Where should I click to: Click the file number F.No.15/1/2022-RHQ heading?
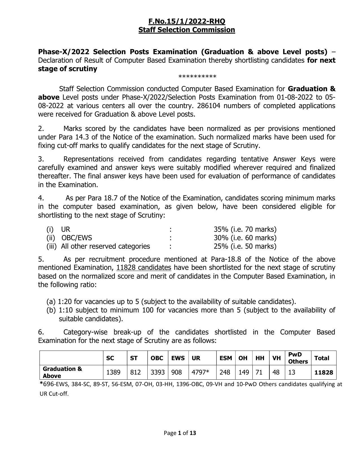(x=187, y=21)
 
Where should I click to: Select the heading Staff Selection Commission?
(x=187, y=30)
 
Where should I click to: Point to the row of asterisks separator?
(x=197, y=77)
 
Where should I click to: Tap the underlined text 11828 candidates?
(x=144, y=268)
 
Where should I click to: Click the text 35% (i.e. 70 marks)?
(x=245, y=229)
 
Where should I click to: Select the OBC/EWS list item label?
(x=77, y=238)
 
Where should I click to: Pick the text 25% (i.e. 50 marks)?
(x=245, y=246)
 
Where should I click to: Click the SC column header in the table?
(x=110, y=358)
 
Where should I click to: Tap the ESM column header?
(x=226, y=358)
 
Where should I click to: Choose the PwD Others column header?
(x=298, y=358)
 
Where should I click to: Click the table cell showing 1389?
(x=113, y=372)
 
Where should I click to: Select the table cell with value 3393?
(x=158, y=372)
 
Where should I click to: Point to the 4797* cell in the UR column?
(x=200, y=372)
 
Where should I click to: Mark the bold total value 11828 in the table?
(x=324, y=373)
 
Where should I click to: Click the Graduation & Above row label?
(x=62, y=372)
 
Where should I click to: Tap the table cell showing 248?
(x=225, y=372)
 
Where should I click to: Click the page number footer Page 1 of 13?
(x=180, y=433)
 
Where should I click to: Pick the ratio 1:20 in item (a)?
(x=64, y=302)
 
